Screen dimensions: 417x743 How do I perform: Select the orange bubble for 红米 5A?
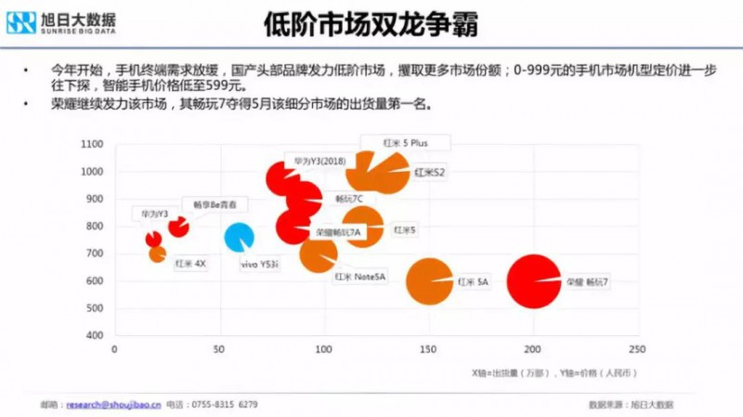[429, 281]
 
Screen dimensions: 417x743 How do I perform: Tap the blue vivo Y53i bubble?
[239, 237]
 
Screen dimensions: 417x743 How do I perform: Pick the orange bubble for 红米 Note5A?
[319, 253]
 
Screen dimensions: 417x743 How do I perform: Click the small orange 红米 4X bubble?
[157, 253]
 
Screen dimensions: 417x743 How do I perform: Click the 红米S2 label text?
[430, 172]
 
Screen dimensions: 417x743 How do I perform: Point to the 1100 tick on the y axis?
[91, 145]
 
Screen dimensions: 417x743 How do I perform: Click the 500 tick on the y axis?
[94, 308]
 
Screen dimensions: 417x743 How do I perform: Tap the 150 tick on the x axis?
[428, 350]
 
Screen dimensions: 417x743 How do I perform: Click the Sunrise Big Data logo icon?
[21, 22]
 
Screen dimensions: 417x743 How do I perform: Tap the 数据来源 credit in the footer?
[632, 405]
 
